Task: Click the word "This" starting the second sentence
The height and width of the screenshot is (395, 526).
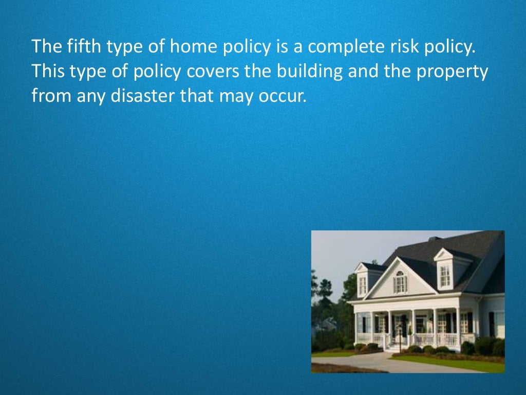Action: point(47,71)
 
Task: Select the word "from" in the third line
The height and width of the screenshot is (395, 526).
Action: point(47,96)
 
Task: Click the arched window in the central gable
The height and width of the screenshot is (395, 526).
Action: point(400,282)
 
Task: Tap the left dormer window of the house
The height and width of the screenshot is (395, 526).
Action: point(363,284)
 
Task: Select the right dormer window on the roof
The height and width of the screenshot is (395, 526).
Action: point(444,276)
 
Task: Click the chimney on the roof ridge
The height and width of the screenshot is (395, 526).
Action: point(434,239)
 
